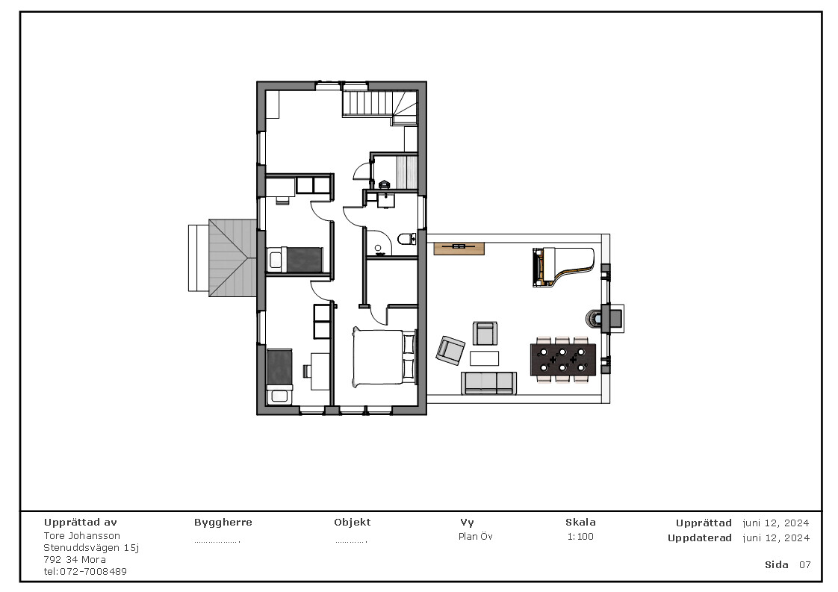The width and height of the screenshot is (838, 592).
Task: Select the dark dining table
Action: click(563, 359)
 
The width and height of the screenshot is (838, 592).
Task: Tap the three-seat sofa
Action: click(488, 382)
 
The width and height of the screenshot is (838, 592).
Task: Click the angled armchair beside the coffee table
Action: click(450, 349)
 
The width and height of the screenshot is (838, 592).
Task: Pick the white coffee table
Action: click(484, 358)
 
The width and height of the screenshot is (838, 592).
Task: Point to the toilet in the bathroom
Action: click(405, 239)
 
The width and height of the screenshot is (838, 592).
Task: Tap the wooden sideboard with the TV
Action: click(459, 248)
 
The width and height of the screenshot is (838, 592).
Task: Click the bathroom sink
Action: click(385, 199)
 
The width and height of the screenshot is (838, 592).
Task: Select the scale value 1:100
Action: click(580, 537)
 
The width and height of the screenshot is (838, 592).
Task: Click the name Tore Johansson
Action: click(81, 536)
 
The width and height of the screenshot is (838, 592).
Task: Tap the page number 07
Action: click(804, 565)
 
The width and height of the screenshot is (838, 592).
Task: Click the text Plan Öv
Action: click(475, 537)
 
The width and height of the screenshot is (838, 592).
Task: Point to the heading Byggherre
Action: click(223, 523)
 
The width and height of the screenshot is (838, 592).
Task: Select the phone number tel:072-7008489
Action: click(85, 572)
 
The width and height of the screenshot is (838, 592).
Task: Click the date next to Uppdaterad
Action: click(776, 538)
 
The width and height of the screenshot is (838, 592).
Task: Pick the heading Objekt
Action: click(352, 523)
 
